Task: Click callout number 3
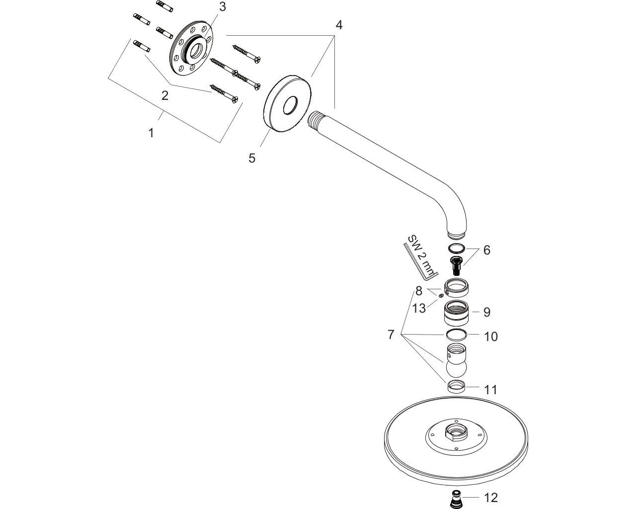[222, 6]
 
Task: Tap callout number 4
[338, 24]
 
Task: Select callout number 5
[252, 158]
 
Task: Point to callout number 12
[490, 498]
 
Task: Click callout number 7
[391, 335]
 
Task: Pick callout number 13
[419, 308]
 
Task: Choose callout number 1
[151, 133]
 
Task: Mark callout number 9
[486, 312]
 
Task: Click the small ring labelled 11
[456, 386]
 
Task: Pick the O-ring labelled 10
[456, 335]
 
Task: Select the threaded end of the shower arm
[314, 120]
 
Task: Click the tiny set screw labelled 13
[441, 295]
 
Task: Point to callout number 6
[486, 250]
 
